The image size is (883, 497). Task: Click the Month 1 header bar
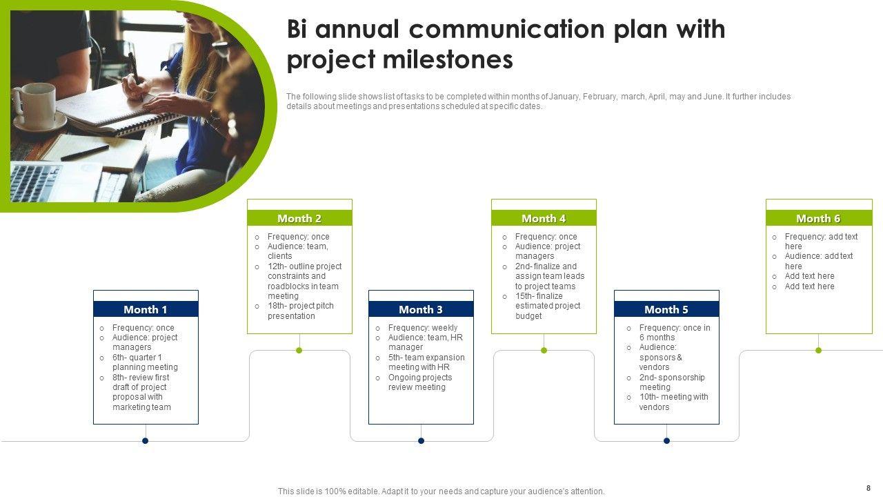coord(146,309)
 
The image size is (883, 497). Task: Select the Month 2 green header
coord(299,218)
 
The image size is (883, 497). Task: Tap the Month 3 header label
coord(421,309)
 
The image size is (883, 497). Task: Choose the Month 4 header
coord(544,218)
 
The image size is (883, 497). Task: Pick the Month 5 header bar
coord(666,309)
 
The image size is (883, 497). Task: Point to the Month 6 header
coord(818,218)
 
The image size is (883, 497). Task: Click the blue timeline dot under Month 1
coord(146,440)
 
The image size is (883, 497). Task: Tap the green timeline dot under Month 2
coord(299,350)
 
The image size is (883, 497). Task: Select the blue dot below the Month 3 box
coord(421,440)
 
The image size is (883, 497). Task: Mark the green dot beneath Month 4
coord(544,350)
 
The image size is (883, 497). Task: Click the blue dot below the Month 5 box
coord(666,440)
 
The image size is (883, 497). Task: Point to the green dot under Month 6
coord(818,350)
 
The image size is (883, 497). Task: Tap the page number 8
coord(868,488)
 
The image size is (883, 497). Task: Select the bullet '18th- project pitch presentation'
coord(300,311)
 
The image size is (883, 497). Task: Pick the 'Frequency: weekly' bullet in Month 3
coord(422,328)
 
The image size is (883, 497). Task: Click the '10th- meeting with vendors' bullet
coord(673,402)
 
